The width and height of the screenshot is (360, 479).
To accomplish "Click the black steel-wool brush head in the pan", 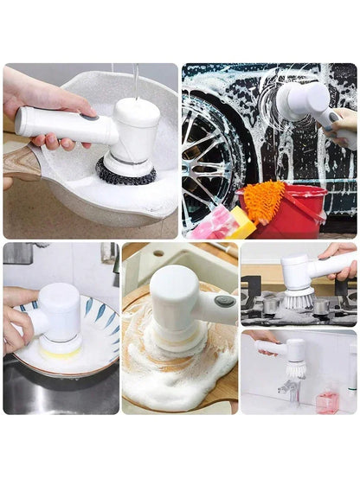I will tap(126, 171).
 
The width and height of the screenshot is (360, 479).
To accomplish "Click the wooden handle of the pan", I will tap(21, 163).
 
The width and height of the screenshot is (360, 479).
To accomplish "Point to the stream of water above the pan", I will tap(136, 81).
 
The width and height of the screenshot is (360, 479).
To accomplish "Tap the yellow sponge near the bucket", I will tap(241, 224).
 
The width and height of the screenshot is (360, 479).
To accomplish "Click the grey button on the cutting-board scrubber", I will tap(225, 301).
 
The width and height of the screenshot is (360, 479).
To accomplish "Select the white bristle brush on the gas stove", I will tap(298, 298).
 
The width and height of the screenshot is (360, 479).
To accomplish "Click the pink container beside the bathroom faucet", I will tap(326, 402).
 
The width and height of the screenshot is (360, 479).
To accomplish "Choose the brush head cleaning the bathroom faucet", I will tap(295, 370).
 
